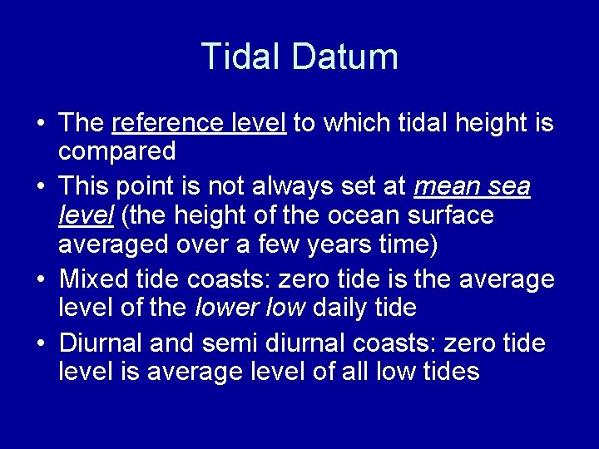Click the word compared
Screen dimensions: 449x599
[117, 152]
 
